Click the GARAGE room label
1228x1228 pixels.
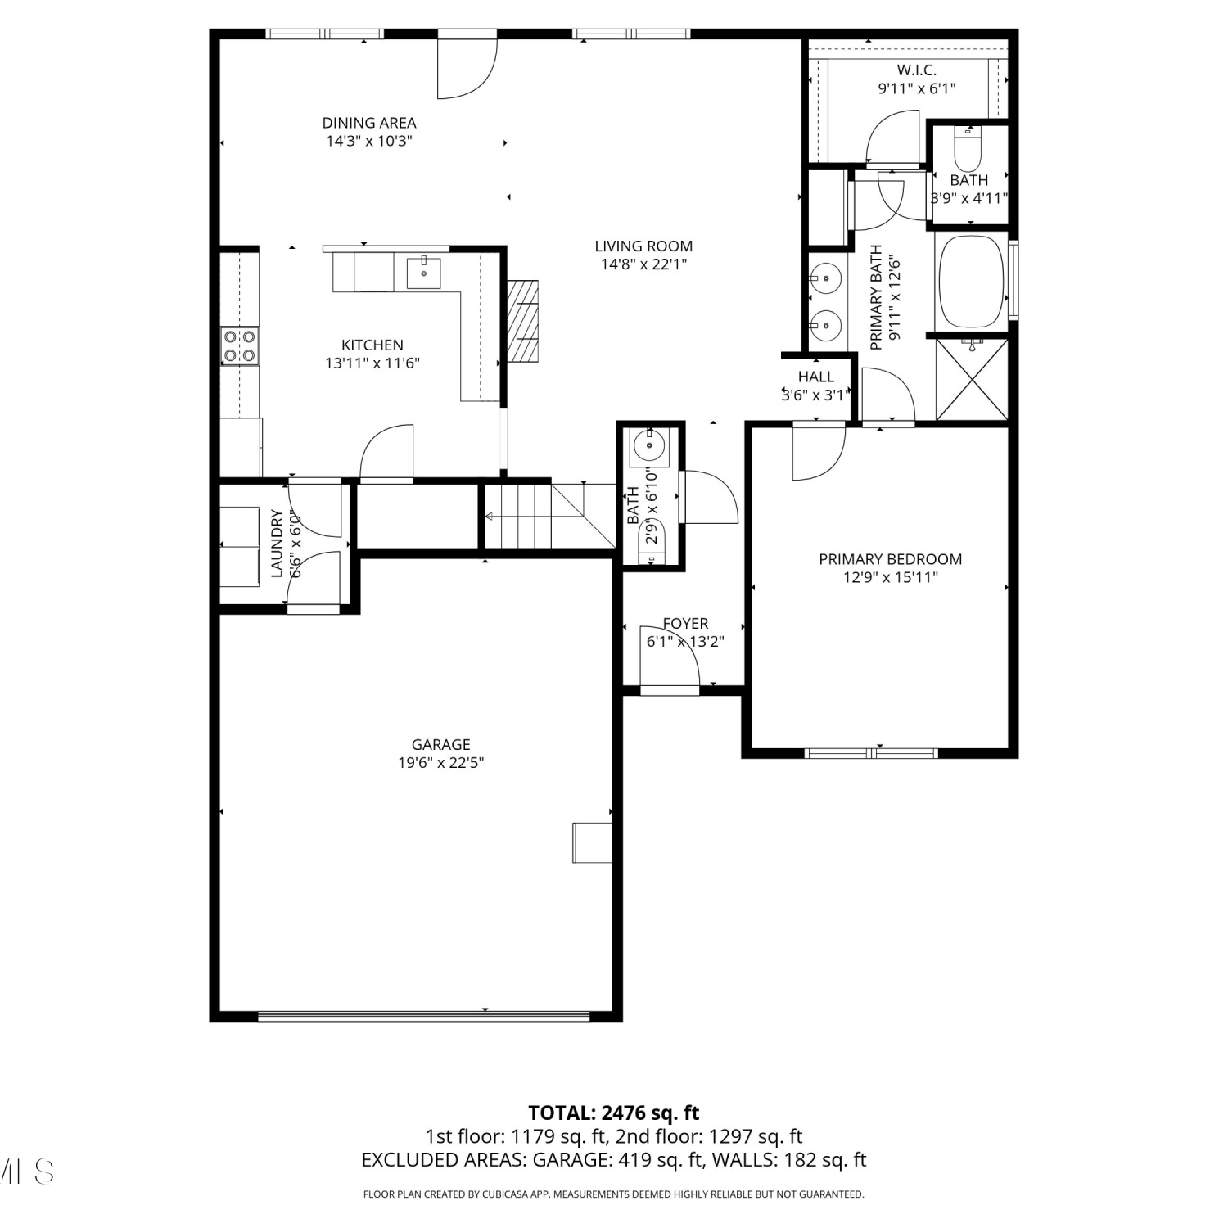click(440, 744)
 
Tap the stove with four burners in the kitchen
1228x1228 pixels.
click(240, 345)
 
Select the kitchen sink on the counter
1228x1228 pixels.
click(424, 273)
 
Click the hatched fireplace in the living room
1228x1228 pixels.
click(523, 321)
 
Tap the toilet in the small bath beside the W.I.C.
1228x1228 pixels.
click(968, 145)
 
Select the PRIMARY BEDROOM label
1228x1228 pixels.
click(891, 559)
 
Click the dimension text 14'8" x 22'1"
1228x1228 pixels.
click(643, 264)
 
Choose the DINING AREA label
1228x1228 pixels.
click(369, 123)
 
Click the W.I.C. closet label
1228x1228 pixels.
click(917, 70)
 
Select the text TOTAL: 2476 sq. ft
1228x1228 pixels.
click(614, 1113)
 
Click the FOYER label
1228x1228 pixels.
click(685, 624)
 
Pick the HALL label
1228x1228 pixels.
click(815, 377)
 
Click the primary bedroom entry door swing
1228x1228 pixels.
click(819, 452)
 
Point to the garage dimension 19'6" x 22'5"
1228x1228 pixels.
click(440, 763)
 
